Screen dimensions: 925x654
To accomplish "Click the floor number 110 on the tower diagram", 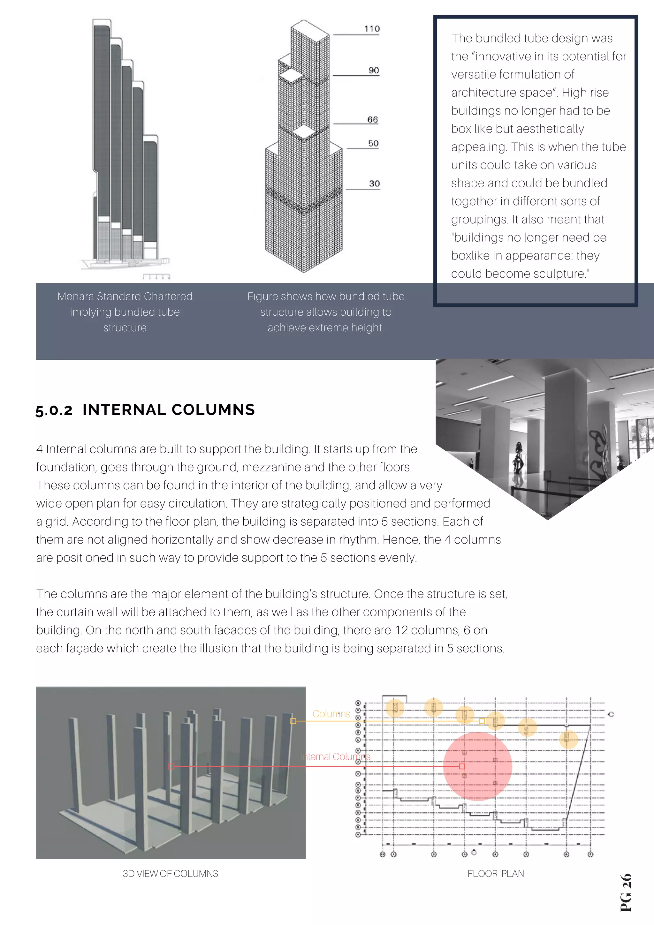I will point(371,29).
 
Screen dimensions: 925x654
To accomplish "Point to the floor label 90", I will point(374,71).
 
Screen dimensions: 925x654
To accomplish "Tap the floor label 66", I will point(372,120).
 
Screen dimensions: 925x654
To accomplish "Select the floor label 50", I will point(373,143).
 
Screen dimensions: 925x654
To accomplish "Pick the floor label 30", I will point(374,184).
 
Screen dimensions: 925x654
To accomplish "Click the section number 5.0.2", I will point(54,410).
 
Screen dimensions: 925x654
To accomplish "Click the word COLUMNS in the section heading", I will point(213,410).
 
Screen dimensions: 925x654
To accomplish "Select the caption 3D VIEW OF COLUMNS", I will point(170,873).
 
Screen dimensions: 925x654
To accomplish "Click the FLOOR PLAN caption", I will point(495,873).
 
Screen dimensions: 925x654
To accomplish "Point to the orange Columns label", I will point(331,714).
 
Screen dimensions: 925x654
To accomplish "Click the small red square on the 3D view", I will point(171,766).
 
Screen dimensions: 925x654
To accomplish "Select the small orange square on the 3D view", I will point(293,721).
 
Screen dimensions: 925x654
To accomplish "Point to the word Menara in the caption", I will point(76,297).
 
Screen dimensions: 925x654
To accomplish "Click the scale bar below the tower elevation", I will point(156,276).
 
